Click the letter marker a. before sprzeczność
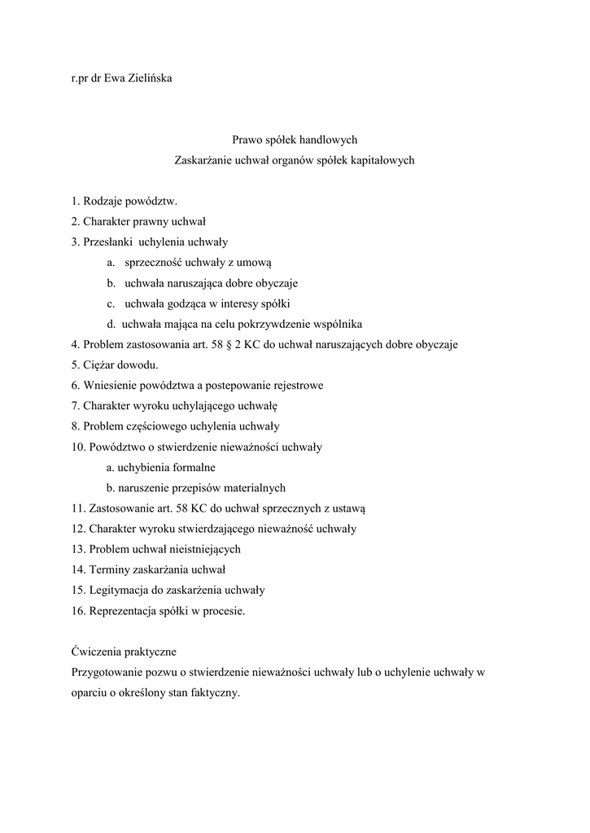[111, 263]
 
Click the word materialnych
[251, 488]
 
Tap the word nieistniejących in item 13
[202, 549]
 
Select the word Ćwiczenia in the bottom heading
[97, 652]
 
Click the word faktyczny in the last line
[214, 694]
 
